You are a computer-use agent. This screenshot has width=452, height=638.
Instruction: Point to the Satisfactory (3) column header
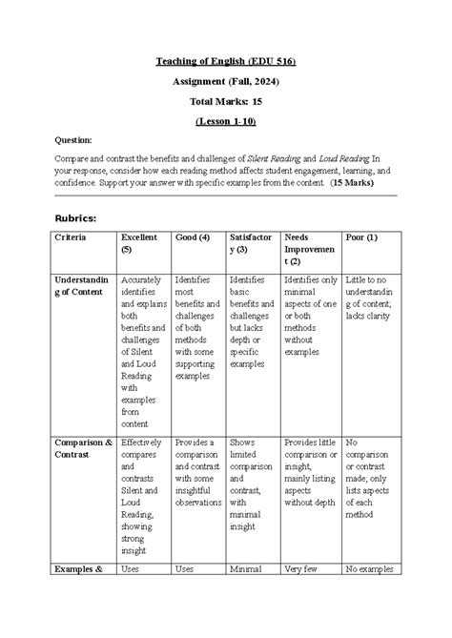[x=251, y=243]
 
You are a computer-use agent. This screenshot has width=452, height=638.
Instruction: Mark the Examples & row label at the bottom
[x=78, y=569]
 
